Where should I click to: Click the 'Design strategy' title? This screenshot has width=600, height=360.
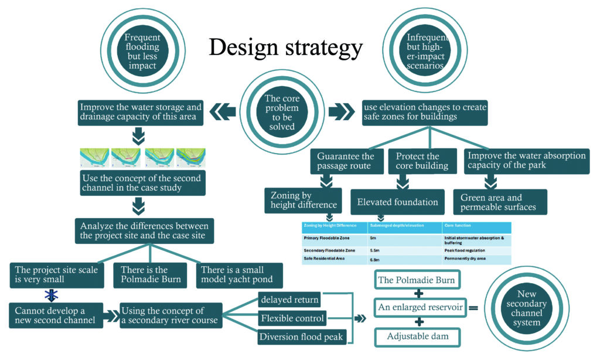click(x=286, y=47)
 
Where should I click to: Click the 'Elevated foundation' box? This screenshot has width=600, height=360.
click(x=397, y=202)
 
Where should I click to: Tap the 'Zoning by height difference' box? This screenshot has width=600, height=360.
click(x=303, y=200)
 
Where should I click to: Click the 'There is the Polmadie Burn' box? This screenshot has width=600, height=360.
click(x=150, y=274)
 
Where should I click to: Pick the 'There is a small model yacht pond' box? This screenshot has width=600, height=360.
click(x=240, y=274)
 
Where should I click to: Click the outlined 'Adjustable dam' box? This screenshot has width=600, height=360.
click(x=416, y=337)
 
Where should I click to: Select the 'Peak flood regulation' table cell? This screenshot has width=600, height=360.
click(x=463, y=249)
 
